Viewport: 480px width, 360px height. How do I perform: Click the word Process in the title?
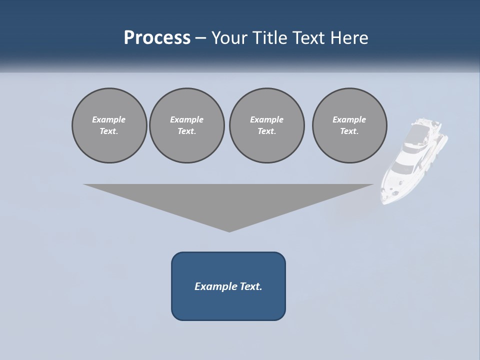pyautogui.click(x=157, y=38)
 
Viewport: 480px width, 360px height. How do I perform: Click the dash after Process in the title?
pyautogui.click(x=201, y=38)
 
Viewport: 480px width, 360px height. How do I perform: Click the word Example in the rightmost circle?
pyautogui.click(x=349, y=119)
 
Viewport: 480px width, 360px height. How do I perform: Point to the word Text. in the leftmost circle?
pyautogui.click(x=109, y=131)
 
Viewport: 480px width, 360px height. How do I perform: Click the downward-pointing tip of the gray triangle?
pyautogui.click(x=229, y=231)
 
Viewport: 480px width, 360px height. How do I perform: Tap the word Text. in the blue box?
pyautogui.click(x=251, y=286)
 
